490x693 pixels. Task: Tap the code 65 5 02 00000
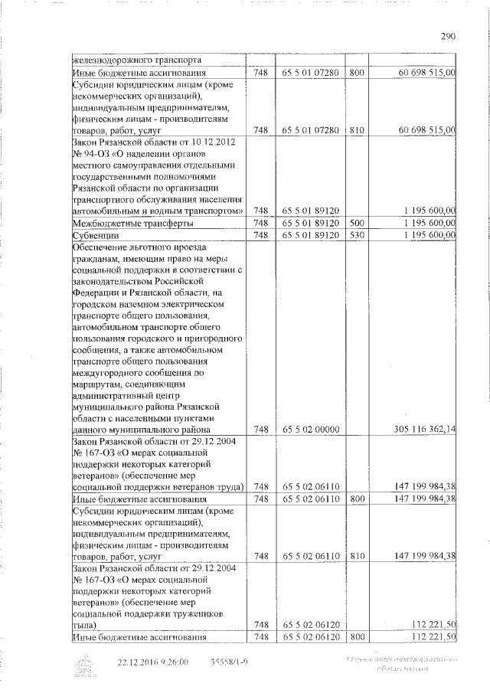coord(310,430)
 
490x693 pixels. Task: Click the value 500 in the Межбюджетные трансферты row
coord(356,222)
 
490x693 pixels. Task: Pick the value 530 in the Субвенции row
coord(356,234)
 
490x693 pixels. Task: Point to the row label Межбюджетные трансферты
coord(127,223)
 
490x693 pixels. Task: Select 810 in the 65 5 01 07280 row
coord(356,131)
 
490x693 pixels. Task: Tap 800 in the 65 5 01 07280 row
coord(356,72)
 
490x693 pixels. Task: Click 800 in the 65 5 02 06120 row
coord(356,637)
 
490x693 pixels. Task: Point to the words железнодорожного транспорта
coord(137,60)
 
